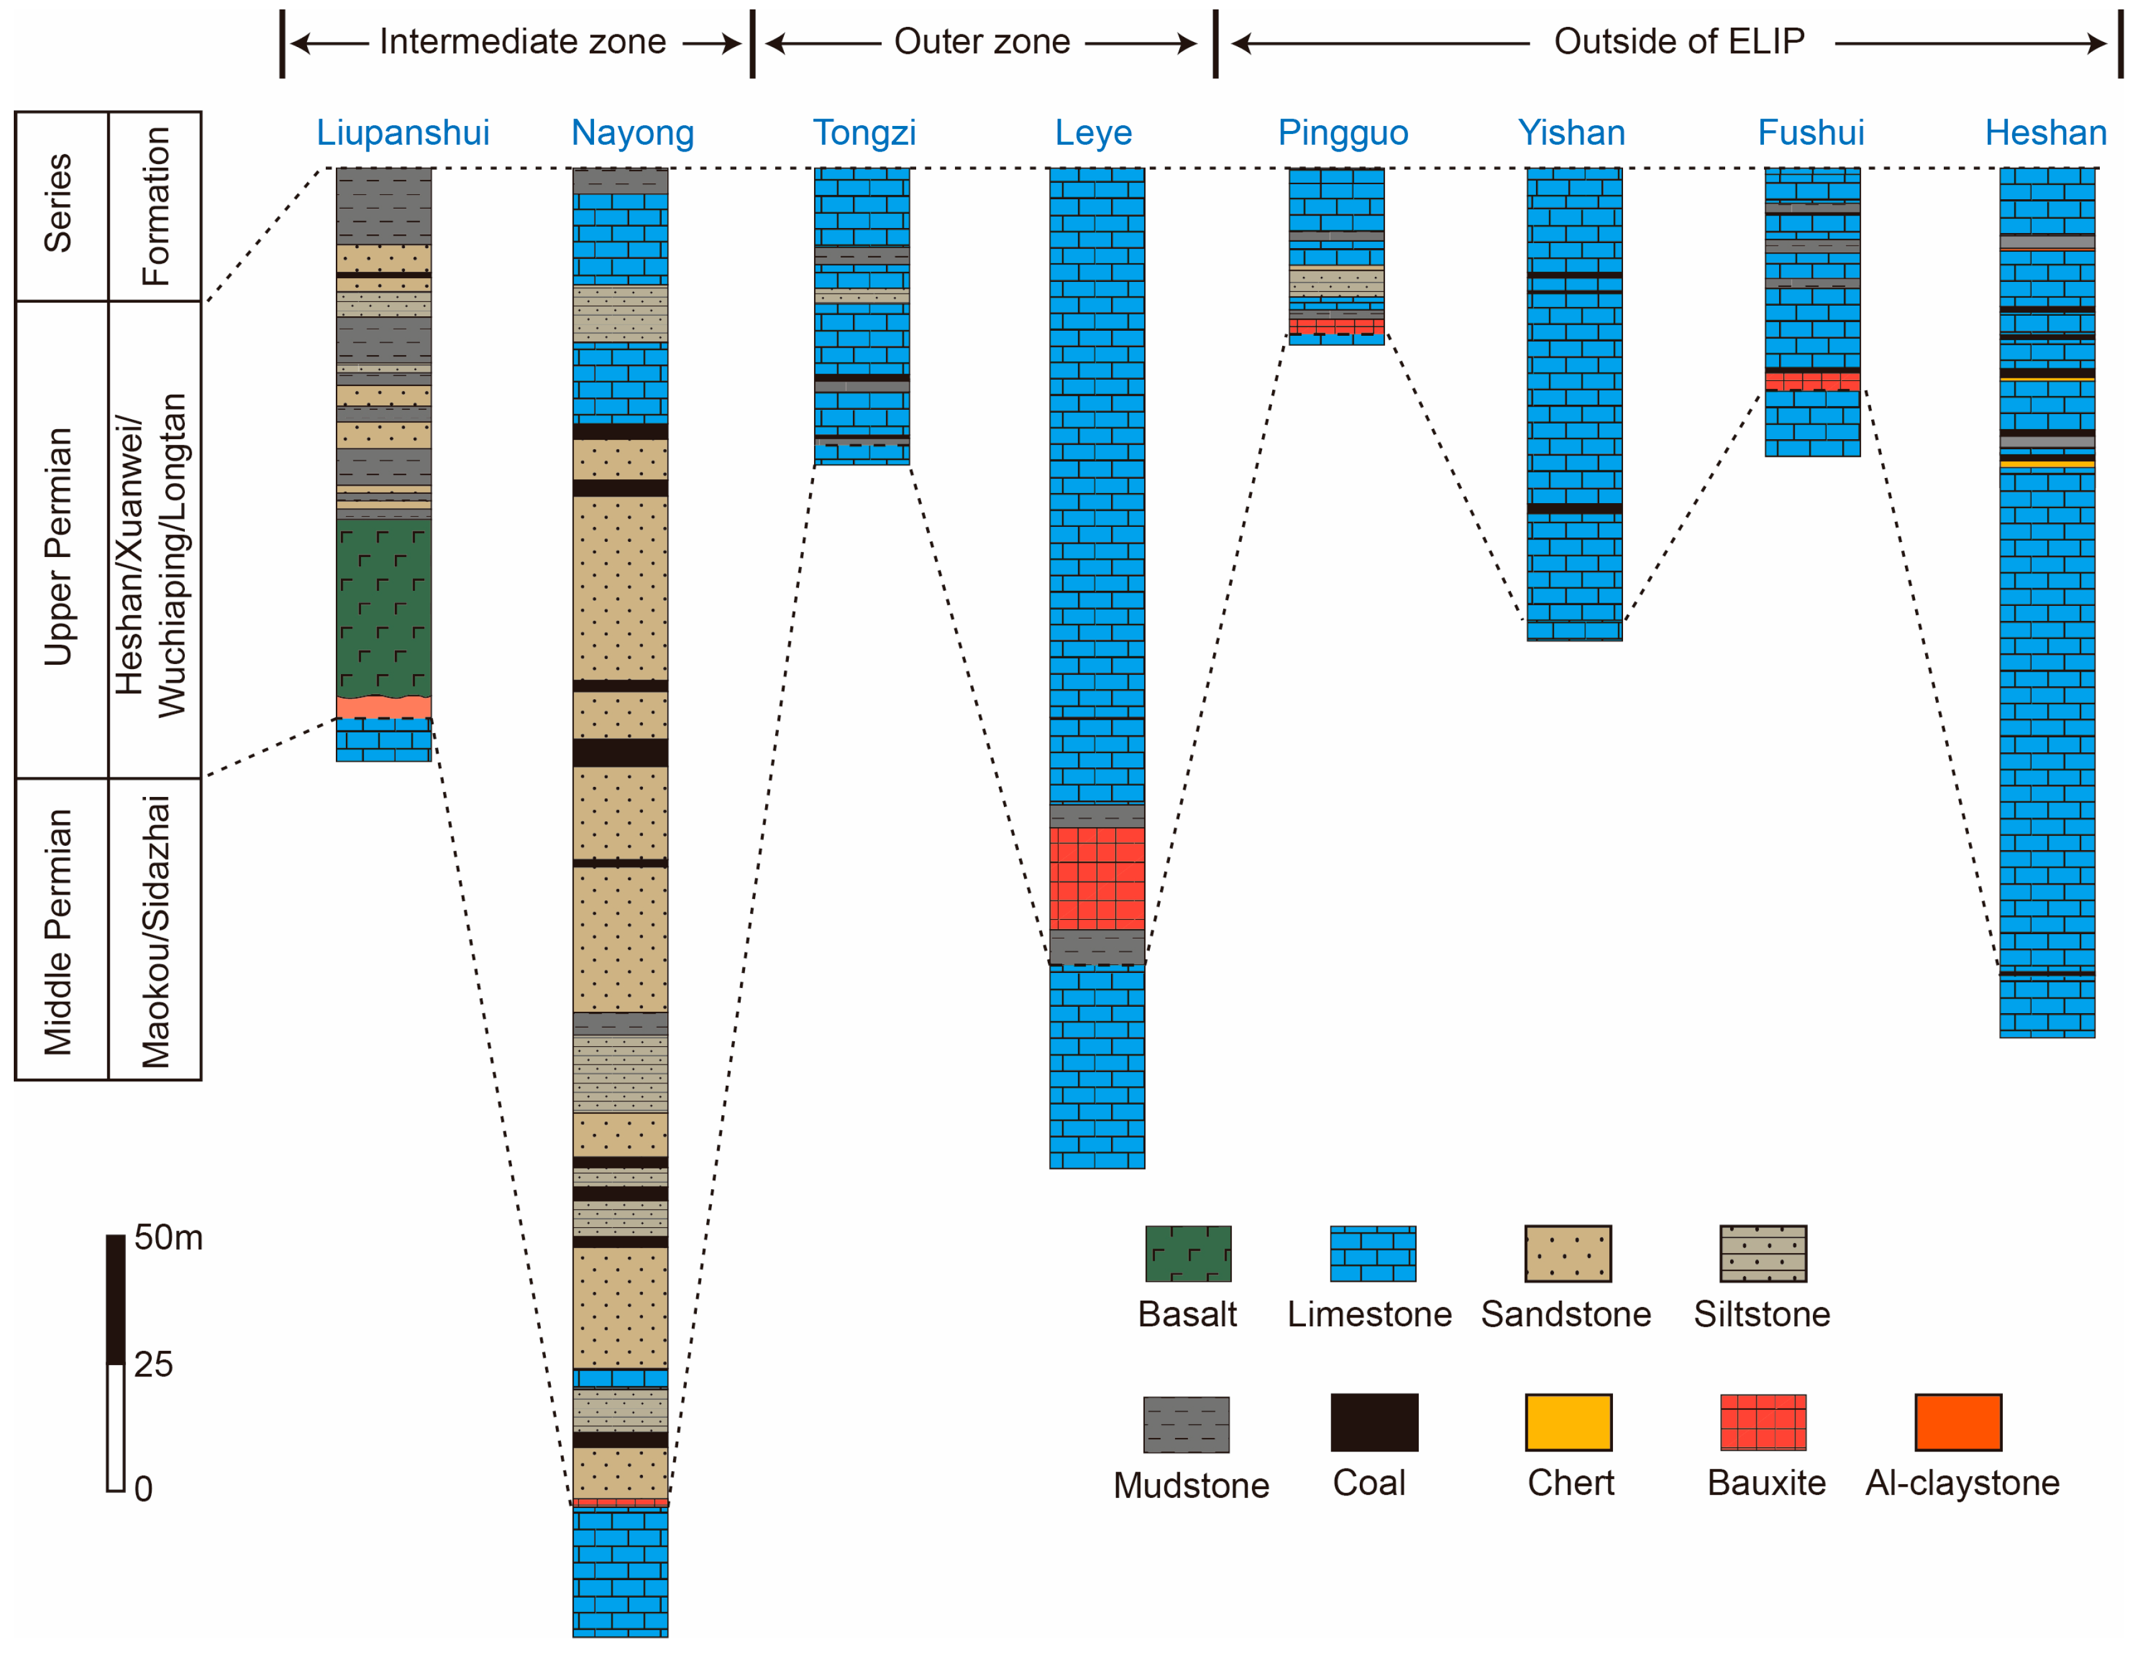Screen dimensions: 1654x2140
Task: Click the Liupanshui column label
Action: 403,132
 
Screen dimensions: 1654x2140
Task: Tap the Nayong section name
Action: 632,132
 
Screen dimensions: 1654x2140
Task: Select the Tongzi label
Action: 864,132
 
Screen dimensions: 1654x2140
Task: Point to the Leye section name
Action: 1093,132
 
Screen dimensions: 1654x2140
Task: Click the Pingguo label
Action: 1342,132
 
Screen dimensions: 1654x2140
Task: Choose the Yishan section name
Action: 1571,132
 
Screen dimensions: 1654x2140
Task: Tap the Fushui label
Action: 1811,132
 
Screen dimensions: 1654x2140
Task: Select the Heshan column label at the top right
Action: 2045,132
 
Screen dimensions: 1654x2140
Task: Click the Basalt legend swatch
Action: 1187,1253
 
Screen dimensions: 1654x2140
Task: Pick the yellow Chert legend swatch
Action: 1568,1422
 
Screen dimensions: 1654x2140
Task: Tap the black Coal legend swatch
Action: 1374,1422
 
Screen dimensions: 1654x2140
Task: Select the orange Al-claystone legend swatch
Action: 1958,1422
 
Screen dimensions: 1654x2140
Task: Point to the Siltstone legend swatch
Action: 1763,1253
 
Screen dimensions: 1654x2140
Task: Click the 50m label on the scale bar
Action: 169,1237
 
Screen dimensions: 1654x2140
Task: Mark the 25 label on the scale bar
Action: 153,1364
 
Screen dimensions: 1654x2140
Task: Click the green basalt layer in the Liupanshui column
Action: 383,608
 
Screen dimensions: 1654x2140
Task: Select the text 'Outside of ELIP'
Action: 1679,41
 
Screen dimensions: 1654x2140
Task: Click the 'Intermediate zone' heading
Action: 522,41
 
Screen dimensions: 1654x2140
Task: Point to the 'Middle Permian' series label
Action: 59,931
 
